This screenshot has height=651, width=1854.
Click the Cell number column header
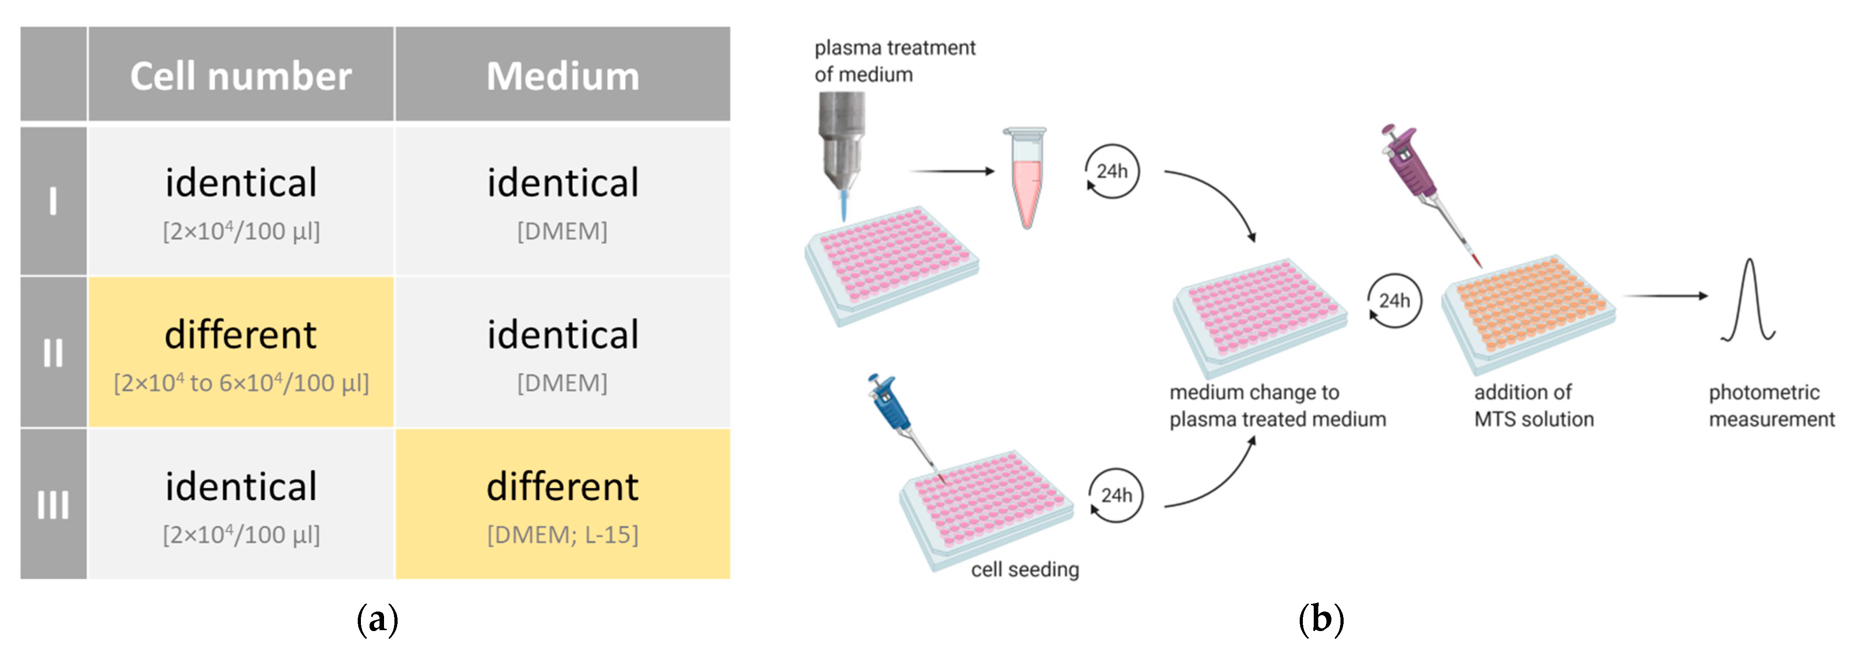240,75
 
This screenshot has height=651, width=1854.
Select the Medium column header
562,75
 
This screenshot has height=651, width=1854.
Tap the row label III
53,504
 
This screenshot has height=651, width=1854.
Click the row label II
53,353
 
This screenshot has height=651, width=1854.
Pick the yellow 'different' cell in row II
240,352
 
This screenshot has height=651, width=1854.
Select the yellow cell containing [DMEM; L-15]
562,504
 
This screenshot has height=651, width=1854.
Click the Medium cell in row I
562,201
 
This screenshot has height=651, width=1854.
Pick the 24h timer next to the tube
1112,171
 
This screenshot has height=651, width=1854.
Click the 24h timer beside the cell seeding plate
1115,496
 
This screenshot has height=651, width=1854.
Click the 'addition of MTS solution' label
1533,405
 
